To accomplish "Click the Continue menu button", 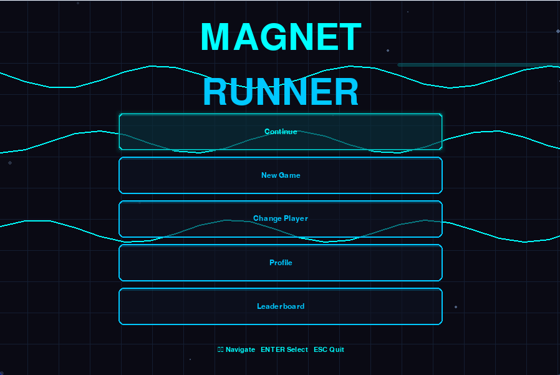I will pos(281,132).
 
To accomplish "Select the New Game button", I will pos(281,175).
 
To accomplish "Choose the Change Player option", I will pos(281,219).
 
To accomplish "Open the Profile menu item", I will pos(281,263).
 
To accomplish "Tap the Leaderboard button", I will pos(281,306).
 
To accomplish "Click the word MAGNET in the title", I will pos(281,37).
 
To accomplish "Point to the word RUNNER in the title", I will pos(281,92).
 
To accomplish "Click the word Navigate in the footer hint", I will pos(240,349).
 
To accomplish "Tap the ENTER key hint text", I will pos(273,349).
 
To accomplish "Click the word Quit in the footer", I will pos(337,349).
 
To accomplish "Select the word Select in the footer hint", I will pos(297,349).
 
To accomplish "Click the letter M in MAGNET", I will pos(215,37).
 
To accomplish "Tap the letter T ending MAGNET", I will pos(349,37).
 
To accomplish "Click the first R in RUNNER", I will pos(216,92).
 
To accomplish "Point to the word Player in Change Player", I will pos(296,219).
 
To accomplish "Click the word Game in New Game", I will pos(289,175).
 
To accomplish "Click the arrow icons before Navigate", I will pos(220,349).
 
